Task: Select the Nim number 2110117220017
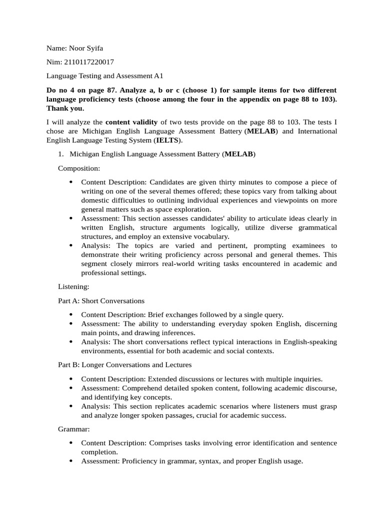point(89,62)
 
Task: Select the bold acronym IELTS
point(167,140)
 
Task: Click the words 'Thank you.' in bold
point(65,108)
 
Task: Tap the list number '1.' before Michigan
point(61,154)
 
